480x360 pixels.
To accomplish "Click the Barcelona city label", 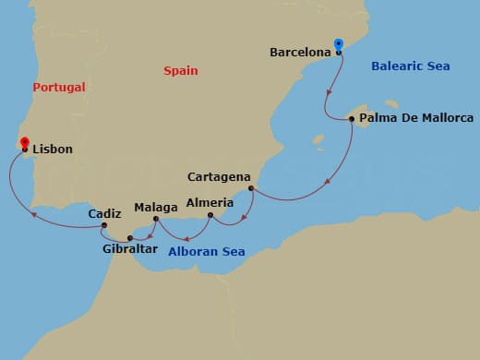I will (x=300, y=53).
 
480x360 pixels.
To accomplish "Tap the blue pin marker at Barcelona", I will (x=339, y=45).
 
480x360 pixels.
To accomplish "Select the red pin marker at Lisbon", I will (x=24, y=143).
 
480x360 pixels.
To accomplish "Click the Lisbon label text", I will (x=53, y=149).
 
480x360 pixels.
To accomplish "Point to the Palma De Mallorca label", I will (x=415, y=118).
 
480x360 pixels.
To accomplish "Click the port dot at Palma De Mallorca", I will (x=352, y=118).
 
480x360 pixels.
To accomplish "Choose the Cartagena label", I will (x=219, y=176).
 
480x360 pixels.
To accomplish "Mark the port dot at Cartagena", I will (x=251, y=189).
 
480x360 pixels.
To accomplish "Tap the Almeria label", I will (x=204, y=202).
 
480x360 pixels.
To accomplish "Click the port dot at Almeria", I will (x=210, y=216).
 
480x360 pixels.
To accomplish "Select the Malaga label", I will (x=154, y=208).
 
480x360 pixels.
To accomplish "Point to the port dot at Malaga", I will (x=155, y=220).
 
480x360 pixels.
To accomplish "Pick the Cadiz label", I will (x=104, y=213).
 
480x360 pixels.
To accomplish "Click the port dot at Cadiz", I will (x=105, y=225).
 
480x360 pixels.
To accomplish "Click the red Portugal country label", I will (x=58, y=87).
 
